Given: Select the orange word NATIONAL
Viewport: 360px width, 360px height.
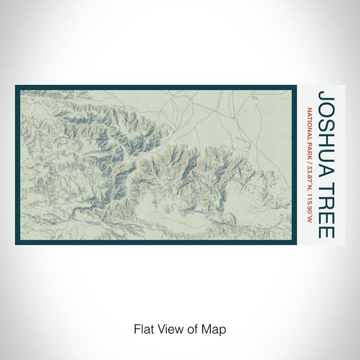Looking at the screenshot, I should [310, 124].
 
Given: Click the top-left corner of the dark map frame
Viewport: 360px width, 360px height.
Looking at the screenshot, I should [16, 86].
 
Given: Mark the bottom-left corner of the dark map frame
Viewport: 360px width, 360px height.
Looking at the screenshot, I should [16, 244].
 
